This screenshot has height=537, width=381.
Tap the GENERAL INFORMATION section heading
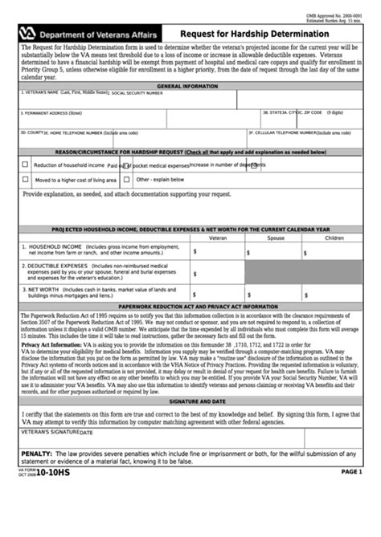coord(186,86)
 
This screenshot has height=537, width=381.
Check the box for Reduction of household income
coord(25,165)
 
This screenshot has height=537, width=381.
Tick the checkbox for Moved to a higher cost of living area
coord(25,180)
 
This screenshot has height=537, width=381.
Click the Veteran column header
coord(218,238)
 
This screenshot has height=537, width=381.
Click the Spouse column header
coord(276,238)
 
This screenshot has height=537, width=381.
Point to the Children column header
coord(334,238)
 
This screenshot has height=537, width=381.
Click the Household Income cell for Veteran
coord(218,251)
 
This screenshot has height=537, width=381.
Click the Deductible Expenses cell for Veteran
coord(218,271)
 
